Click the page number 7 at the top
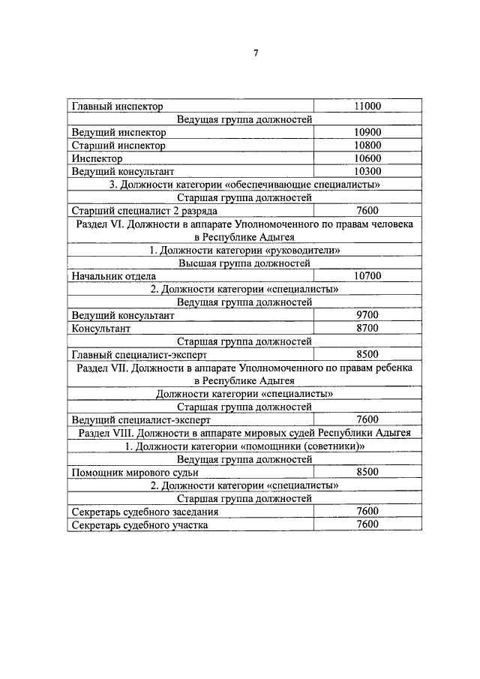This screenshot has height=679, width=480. [256, 53]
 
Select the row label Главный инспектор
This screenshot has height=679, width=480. [117, 107]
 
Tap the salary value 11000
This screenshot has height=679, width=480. [367, 107]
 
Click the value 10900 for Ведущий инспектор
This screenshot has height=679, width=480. [367, 132]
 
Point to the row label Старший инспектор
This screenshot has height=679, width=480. [118, 146]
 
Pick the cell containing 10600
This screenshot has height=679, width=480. [367, 158]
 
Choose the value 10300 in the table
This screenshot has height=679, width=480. [367, 171]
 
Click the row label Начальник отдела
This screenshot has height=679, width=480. [114, 277]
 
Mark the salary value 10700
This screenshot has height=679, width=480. [367, 276]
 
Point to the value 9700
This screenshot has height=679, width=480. [367, 315]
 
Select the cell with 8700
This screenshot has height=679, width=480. [367, 328]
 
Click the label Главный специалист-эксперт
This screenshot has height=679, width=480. [139, 354]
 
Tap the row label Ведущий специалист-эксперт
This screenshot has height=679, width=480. [141, 420]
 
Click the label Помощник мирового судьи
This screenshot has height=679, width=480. [135, 473]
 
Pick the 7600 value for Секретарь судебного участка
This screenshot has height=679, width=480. [367, 524]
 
